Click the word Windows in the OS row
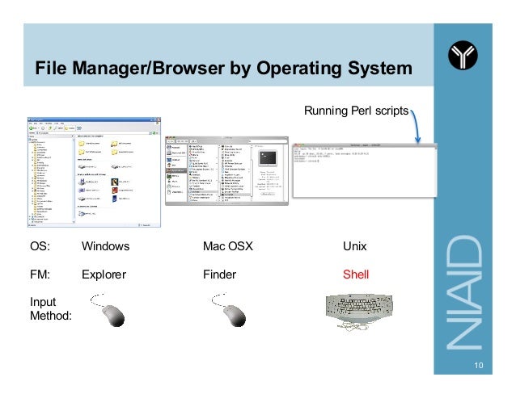tap(105, 246)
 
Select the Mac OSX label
tap(228, 246)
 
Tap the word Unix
tap(355, 246)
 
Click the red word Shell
tap(356, 274)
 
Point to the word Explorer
tap(104, 274)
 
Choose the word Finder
tap(219, 274)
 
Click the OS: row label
tap(40, 246)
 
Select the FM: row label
tap(40, 274)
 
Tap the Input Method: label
tap(49, 308)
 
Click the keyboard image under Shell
tap(357, 314)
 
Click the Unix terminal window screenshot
tap(364, 170)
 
